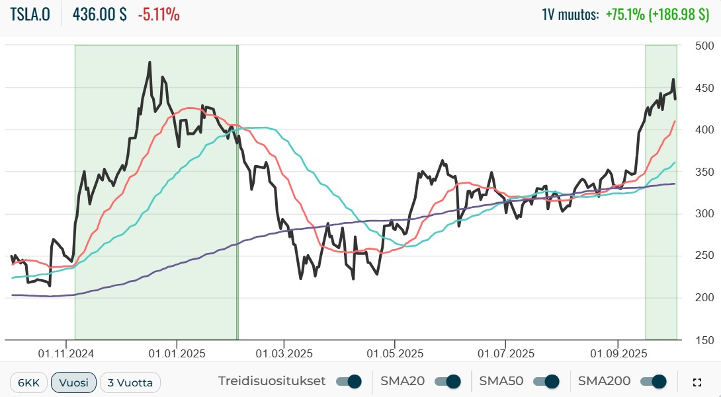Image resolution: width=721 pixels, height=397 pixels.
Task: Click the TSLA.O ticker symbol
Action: tap(30, 15)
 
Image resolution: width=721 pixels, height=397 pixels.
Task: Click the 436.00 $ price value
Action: tap(99, 15)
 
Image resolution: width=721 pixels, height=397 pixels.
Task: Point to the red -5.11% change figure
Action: tap(158, 15)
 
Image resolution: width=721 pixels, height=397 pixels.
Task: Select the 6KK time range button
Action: tap(28, 382)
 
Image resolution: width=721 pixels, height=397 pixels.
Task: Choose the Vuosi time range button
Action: tap(73, 382)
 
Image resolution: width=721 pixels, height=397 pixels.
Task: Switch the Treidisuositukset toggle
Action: tap(349, 381)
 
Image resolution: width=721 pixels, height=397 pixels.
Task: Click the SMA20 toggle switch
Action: tap(446, 381)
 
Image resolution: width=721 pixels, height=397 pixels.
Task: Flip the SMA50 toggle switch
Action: tap(546, 381)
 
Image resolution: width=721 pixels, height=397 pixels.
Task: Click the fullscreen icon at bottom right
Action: tap(697, 382)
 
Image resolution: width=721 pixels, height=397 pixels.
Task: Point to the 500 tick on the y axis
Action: tap(704, 46)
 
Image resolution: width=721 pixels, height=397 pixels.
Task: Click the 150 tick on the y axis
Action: tap(704, 340)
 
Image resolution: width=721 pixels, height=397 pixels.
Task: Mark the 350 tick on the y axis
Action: tap(704, 172)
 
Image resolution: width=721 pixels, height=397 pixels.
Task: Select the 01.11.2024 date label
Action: tap(65, 353)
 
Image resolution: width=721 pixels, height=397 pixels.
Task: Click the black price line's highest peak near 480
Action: tap(149, 63)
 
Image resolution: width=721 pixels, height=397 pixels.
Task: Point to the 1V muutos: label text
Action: tap(570, 15)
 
